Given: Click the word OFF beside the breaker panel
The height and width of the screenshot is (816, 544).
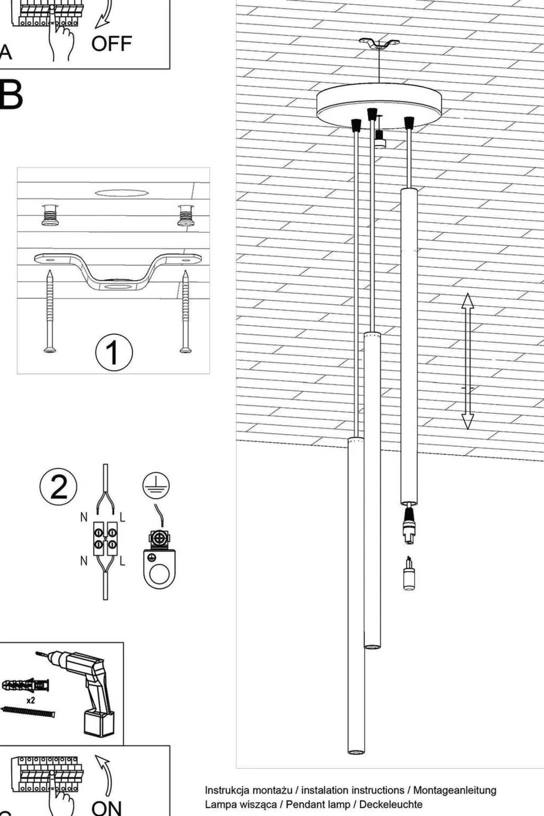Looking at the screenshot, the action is coord(111,44).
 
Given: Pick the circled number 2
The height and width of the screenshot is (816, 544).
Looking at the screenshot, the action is coord(58,486).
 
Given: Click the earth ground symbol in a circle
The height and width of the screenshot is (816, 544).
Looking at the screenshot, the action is coord(156,485).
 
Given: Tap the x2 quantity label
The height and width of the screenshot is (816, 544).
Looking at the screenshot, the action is coord(31,700).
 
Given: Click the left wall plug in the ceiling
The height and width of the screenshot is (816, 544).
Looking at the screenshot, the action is coord(50,215).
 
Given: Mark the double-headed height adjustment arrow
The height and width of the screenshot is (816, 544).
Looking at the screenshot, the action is coord(468,361).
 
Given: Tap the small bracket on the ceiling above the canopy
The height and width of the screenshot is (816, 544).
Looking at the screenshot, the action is coord(379,44).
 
